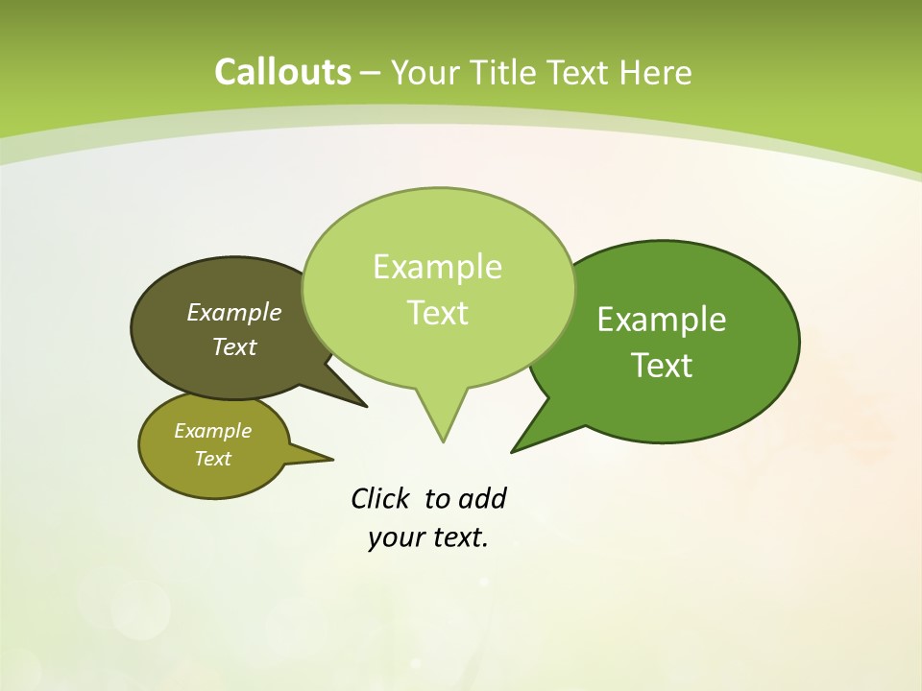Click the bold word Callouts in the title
tap(282, 72)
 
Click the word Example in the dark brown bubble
tap(234, 312)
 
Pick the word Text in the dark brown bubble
tap(234, 346)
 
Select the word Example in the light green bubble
tap(437, 267)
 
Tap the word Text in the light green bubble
tap(438, 313)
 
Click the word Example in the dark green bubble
tap(662, 320)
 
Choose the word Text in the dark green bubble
tap(662, 366)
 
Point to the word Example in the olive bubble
tap(212, 431)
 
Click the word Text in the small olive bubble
tap(212, 459)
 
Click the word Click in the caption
tap(379, 498)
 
